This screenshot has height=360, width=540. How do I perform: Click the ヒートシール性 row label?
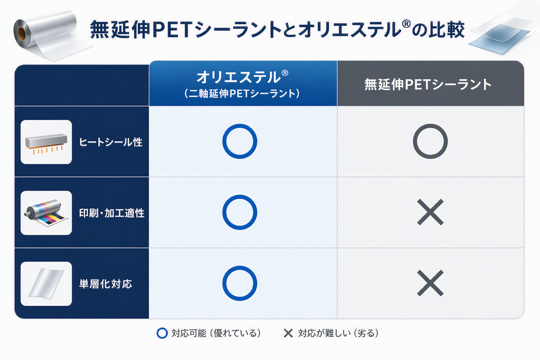coord(110,142)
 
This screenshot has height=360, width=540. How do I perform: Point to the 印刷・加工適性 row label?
coord(111,213)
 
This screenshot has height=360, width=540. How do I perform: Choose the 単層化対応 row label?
coord(105,284)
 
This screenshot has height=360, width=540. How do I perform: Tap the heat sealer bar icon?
coord(46,142)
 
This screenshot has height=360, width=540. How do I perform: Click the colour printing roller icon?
coord(46,213)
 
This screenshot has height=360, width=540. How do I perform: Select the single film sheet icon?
coord(46,283)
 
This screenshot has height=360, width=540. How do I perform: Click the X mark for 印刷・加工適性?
coord(430,212)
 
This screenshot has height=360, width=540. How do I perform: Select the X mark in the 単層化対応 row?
coord(430,283)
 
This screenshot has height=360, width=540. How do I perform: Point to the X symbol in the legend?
coord(288,333)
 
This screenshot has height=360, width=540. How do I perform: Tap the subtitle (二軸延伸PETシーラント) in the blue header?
coord(242,93)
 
